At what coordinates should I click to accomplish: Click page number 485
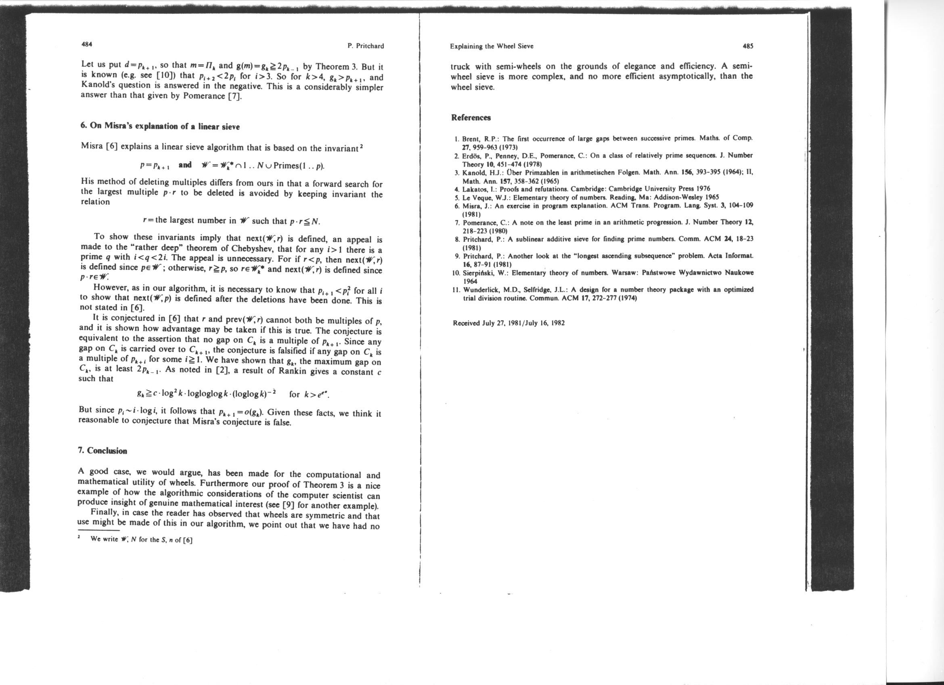point(748,46)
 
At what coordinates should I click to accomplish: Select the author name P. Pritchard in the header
point(365,46)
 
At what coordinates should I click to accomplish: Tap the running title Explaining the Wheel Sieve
point(492,46)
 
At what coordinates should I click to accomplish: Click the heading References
point(471,118)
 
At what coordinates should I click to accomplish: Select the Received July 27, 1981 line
point(509,323)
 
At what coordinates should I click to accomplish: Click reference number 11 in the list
point(456,290)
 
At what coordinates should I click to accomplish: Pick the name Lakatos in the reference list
point(474,189)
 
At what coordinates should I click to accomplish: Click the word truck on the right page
point(461,67)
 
